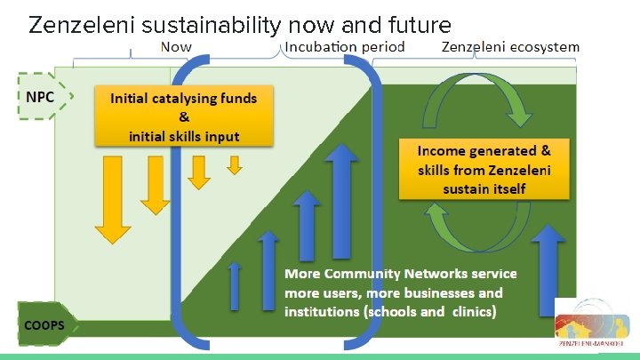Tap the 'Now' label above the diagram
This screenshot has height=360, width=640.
click(175, 46)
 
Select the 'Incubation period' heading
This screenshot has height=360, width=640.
click(345, 46)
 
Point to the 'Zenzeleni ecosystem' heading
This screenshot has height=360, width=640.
click(510, 46)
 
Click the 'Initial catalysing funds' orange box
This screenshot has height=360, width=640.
click(184, 116)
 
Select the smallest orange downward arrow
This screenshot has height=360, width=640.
click(235, 165)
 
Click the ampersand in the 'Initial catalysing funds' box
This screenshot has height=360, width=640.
click(183, 117)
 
